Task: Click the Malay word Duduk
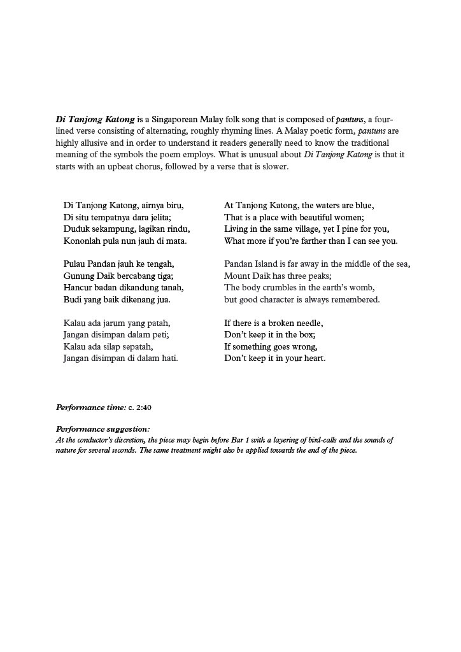(x=76, y=229)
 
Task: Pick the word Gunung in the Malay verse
(x=78, y=276)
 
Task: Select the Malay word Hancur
(x=78, y=288)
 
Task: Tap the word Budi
(x=72, y=299)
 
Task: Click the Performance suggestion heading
(x=103, y=429)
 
